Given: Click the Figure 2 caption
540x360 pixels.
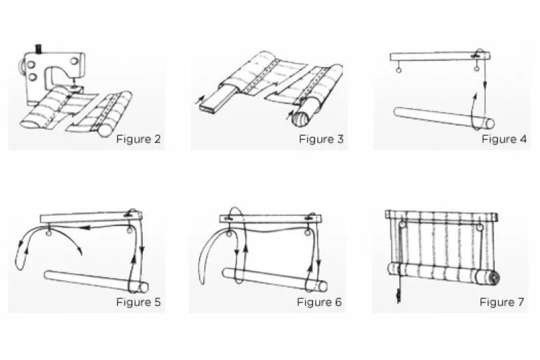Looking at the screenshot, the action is [138, 139].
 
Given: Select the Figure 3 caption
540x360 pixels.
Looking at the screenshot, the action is [321, 139].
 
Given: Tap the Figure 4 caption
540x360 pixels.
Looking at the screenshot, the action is [504, 139].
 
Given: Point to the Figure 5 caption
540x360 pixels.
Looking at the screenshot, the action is [138, 302].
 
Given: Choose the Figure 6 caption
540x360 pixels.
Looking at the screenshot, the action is [319, 302].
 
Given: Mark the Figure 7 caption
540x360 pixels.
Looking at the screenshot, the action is [502, 302].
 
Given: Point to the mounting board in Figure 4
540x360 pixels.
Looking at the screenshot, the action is [437, 57].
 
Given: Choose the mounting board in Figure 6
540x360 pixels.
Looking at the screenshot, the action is [270, 219].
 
